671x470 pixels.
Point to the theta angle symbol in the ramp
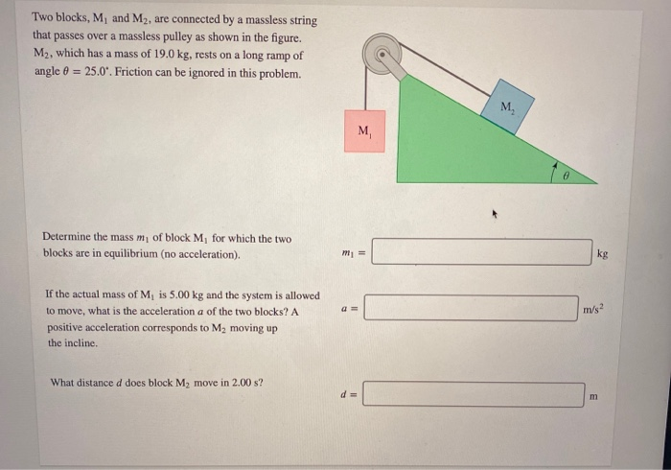tap(567, 175)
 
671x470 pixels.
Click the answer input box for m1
tap(482, 252)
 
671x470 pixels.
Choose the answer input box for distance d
tap(474, 394)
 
